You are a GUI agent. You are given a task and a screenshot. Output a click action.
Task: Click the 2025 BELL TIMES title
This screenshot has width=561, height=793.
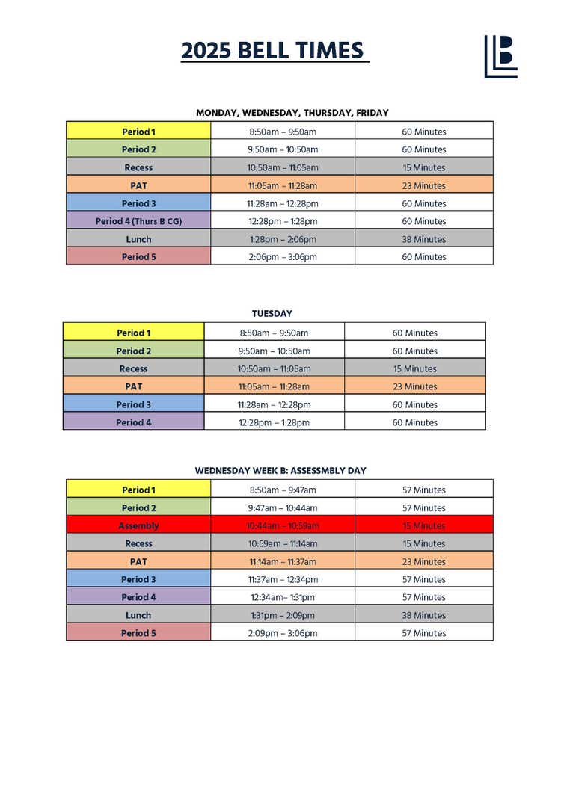coord(275,51)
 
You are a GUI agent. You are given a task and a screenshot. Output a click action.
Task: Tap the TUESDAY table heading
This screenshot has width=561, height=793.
coord(272,314)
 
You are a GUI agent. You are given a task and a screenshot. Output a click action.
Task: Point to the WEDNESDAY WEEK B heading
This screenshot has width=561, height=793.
coord(280,471)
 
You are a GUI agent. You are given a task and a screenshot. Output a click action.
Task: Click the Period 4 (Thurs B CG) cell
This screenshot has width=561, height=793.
coord(138,221)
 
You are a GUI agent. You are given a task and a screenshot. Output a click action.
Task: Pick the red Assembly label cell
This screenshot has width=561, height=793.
coord(138,526)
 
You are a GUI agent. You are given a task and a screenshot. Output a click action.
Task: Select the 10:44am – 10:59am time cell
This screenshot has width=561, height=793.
coord(283,526)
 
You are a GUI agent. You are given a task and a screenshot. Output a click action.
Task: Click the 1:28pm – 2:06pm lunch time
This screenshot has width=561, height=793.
coord(283,239)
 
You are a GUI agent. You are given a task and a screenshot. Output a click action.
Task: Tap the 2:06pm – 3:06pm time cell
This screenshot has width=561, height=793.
coord(283,257)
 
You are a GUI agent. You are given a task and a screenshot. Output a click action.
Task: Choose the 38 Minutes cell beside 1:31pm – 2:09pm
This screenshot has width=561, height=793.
coord(423,615)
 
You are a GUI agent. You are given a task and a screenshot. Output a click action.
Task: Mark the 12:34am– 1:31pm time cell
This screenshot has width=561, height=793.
coord(283,597)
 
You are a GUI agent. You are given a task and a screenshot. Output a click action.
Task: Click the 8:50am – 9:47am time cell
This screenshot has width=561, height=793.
coord(283,490)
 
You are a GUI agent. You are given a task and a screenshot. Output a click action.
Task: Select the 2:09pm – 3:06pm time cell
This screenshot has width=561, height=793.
coord(283,633)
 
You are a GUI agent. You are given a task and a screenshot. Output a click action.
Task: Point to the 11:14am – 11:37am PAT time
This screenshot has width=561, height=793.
coord(283,561)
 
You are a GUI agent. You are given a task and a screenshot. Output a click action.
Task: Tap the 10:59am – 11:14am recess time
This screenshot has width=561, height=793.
coord(283,544)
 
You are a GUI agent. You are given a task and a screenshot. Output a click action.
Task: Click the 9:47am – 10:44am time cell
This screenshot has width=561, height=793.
coord(283,508)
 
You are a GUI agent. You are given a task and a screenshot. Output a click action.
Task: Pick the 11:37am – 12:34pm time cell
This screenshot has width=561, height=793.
coord(283,579)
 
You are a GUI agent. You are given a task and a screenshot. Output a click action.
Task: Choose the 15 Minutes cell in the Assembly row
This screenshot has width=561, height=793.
coord(423,526)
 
